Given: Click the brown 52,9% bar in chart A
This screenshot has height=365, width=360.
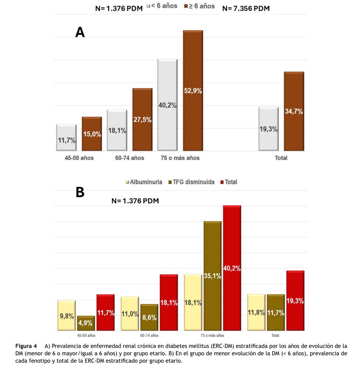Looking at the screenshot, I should click(193, 90).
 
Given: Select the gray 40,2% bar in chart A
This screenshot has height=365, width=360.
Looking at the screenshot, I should click(167, 105).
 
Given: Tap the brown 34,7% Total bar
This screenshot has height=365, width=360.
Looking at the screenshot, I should click(294, 112).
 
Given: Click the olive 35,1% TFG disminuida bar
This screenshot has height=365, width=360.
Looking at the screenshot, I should click(212, 276).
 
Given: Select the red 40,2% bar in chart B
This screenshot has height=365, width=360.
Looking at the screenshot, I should click(232, 268).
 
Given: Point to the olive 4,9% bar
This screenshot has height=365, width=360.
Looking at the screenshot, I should click(86, 323).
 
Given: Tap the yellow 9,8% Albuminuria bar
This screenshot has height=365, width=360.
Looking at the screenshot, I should click(66, 315).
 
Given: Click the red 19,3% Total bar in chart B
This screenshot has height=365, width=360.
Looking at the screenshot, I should click(295, 301).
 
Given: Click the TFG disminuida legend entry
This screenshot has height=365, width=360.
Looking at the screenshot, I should click(193, 182).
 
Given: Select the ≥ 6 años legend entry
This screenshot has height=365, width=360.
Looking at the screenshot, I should click(200, 6).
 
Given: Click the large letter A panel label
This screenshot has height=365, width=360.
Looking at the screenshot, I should click(80, 32).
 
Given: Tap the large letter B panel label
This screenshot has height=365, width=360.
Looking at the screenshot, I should click(80, 192).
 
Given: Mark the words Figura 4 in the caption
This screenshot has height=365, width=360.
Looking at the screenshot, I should click(26, 346).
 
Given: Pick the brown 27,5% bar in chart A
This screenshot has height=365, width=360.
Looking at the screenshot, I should click(142, 120).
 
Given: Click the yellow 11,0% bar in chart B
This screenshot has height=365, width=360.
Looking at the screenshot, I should click(130, 314).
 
